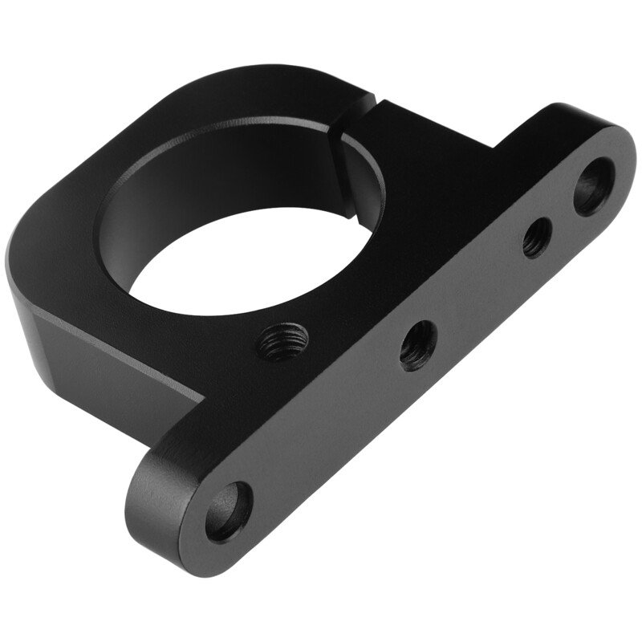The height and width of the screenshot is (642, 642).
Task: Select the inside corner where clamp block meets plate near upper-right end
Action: pos(498,148)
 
